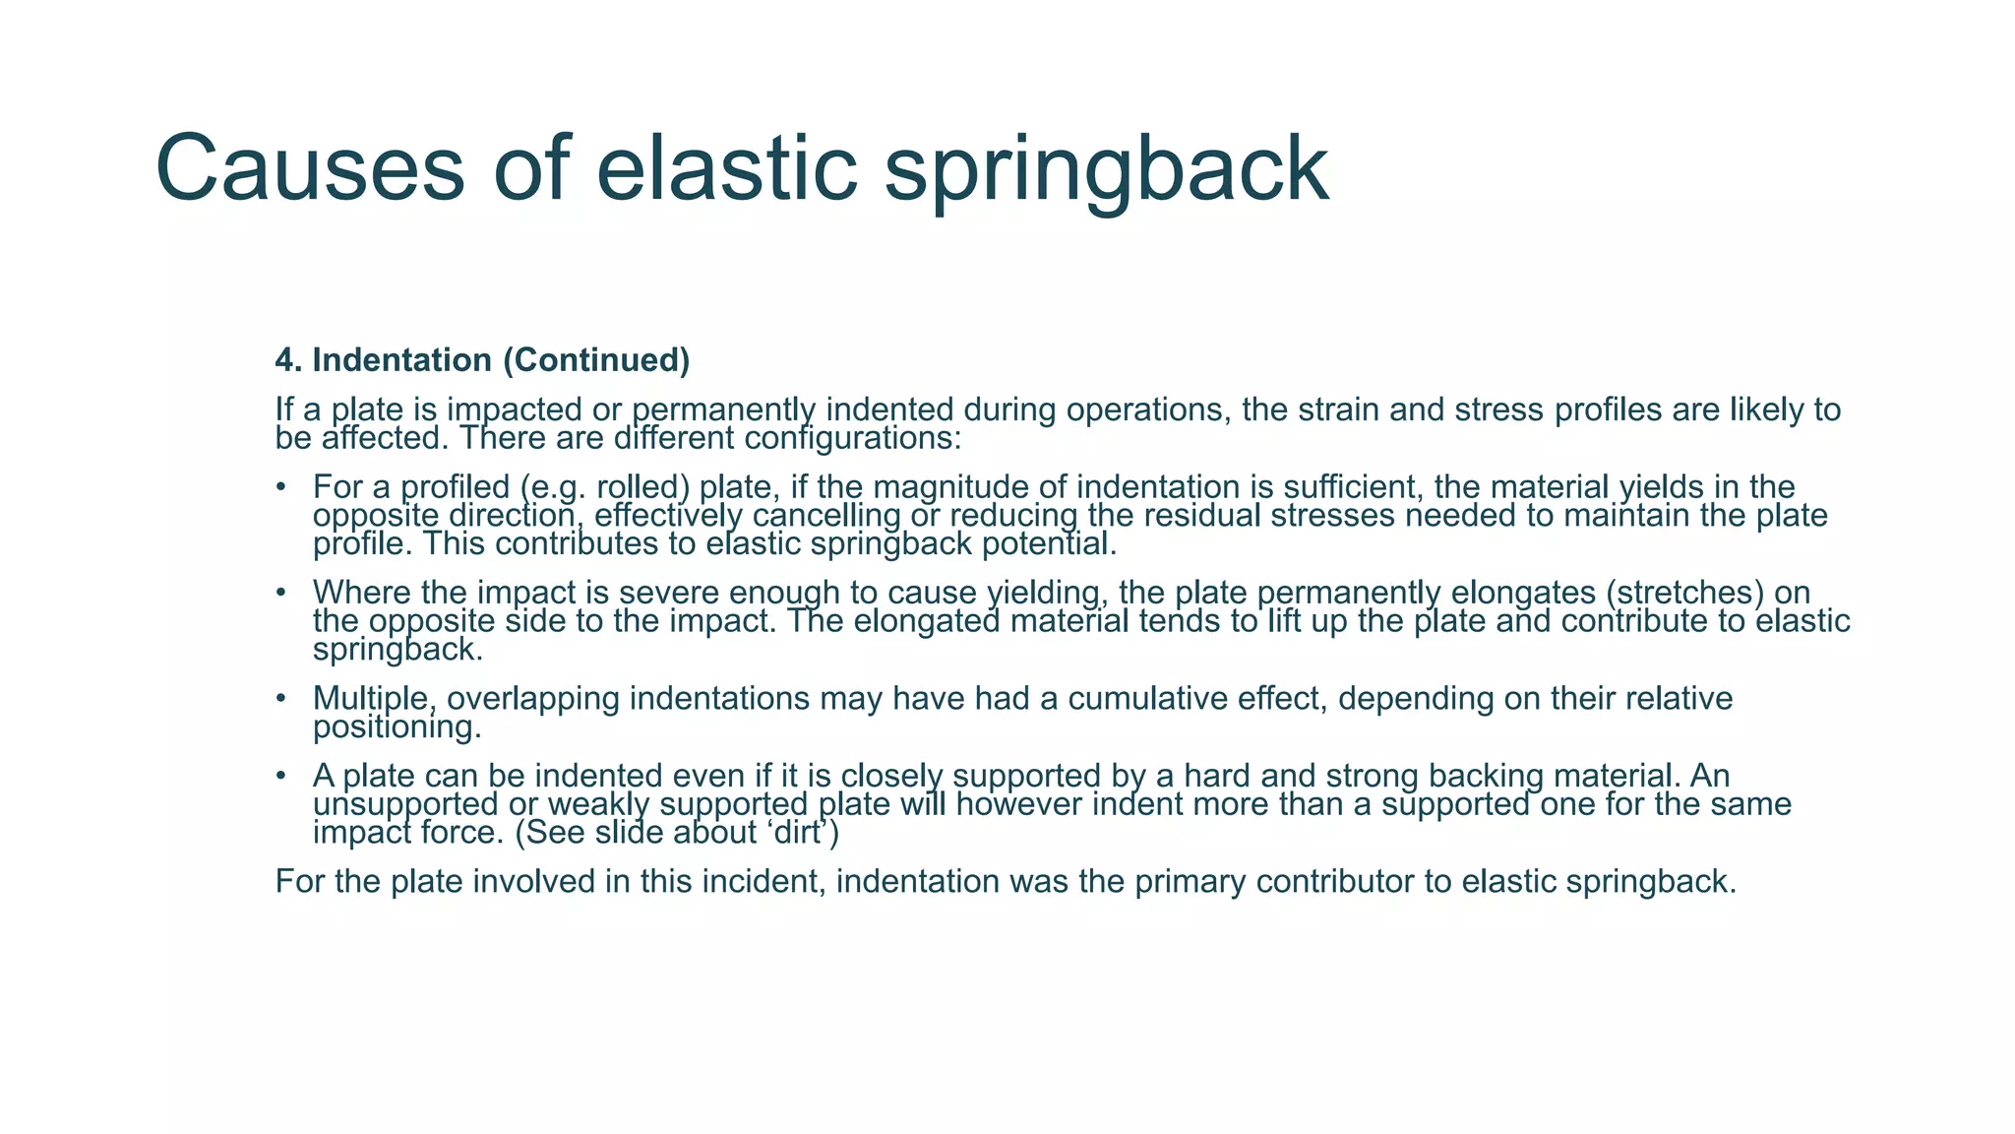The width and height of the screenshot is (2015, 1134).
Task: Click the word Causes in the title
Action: point(309,169)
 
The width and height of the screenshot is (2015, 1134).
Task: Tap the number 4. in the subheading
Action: point(287,360)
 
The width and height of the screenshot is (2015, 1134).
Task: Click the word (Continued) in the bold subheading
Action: point(596,361)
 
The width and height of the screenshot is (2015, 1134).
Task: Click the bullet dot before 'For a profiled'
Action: point(281,487)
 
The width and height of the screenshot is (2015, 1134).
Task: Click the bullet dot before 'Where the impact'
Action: point(281,593)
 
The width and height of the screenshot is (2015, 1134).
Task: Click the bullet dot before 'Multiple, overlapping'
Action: point(281,699)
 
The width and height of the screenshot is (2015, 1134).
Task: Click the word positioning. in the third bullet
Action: point(397,728)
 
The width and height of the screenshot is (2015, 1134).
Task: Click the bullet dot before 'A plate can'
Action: point(281,777)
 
